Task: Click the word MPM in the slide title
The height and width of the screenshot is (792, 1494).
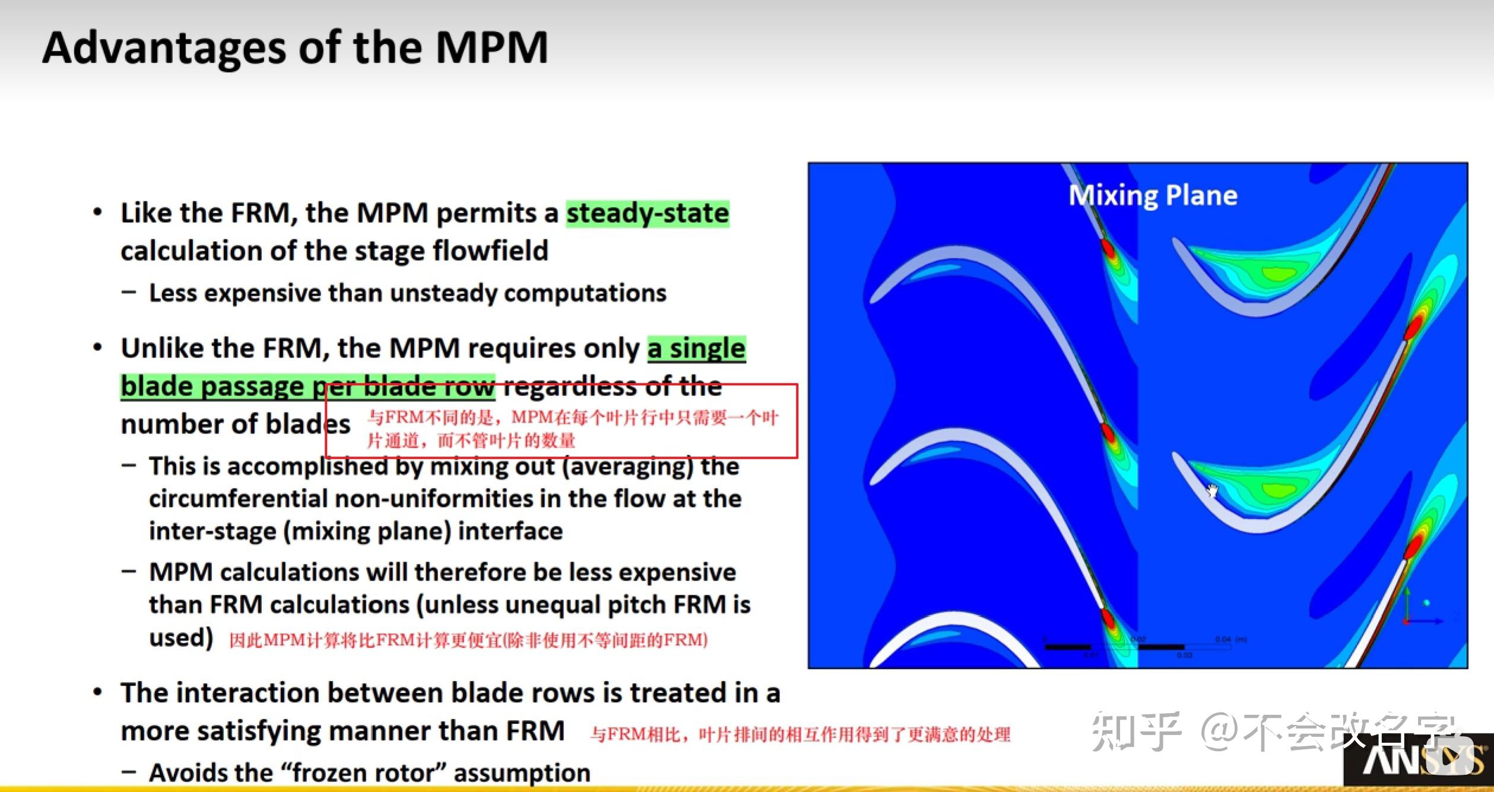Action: click(491, 47)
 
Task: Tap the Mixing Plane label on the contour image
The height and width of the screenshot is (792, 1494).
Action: click(1153, 195)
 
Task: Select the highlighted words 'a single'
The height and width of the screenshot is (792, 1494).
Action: click(696, 349)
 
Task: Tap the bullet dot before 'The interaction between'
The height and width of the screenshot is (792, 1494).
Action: click(98, 692)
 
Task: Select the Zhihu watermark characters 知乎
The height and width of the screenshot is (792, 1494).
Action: click(1135, 731)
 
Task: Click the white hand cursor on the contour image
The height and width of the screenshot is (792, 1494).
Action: click(1212, 491)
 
